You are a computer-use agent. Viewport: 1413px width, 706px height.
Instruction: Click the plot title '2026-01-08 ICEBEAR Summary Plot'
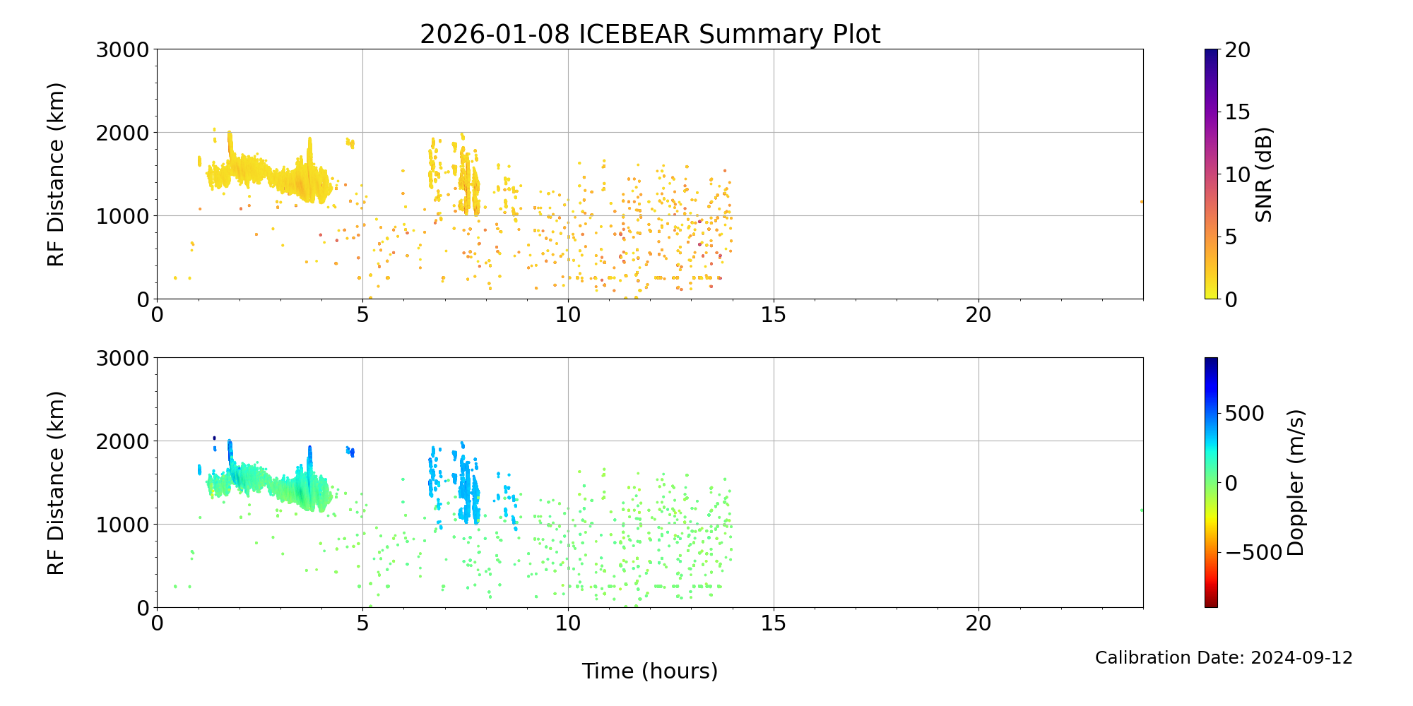coord(649,34)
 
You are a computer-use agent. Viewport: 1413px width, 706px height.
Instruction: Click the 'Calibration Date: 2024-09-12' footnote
coord(1223,658)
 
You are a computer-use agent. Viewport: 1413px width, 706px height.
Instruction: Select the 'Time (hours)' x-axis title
coord(649,671)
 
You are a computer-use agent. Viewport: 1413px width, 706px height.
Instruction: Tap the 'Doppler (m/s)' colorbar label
coord(1295,483)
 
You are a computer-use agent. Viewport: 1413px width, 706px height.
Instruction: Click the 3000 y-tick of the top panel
coord(123,49)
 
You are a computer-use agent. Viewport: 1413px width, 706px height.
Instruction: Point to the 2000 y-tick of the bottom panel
coord(123,441)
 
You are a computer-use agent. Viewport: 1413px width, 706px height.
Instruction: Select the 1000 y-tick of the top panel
coord(123,216)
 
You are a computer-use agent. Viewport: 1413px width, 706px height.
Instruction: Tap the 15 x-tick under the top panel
coord(774,315)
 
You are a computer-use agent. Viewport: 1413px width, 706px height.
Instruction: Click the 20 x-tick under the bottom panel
coord(979,623)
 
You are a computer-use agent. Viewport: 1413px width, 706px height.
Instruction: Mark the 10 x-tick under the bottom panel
coord(568,623)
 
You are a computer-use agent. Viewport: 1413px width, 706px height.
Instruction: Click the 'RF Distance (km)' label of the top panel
coord(56,174)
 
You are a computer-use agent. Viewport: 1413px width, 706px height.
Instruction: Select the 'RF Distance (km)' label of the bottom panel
coord(56,483)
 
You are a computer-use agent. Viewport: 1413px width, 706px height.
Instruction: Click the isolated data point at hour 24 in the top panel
coord(1142,201)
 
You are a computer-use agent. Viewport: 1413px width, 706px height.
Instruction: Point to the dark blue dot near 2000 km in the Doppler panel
coord(214,438)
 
